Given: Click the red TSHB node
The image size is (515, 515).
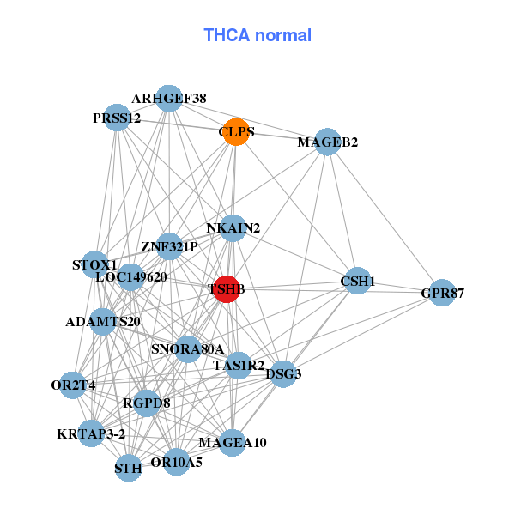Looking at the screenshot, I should tap(226, 289).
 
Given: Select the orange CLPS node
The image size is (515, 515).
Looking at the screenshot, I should tap(235, 131).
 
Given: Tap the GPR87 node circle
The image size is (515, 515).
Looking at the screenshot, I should tap(442, 294).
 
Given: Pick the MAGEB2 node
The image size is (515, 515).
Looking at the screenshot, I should tap(328, 142).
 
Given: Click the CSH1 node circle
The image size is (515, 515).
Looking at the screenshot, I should tap(357, 281).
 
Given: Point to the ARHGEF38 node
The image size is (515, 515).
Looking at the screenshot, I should tap(169, 99).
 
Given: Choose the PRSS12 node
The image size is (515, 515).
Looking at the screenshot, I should tap(118, 117).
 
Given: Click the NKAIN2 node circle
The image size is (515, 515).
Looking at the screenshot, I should tap(233, 227).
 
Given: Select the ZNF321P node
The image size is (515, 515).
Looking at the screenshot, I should tap(169, 246).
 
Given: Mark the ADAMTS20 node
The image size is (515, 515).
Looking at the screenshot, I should tap(103, 322).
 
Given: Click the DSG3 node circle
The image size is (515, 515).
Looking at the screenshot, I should tap(283, 373).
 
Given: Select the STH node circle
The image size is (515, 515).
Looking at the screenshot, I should tap(128, 468).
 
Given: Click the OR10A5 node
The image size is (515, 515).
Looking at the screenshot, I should tap(176, 462).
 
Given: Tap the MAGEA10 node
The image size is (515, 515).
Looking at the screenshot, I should tap(233, 442).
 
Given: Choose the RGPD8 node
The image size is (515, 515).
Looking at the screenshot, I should tap(147, 402).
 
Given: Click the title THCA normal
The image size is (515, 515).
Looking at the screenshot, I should tap(257, 35).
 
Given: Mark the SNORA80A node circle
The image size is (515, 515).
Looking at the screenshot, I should tap(187, 348).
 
